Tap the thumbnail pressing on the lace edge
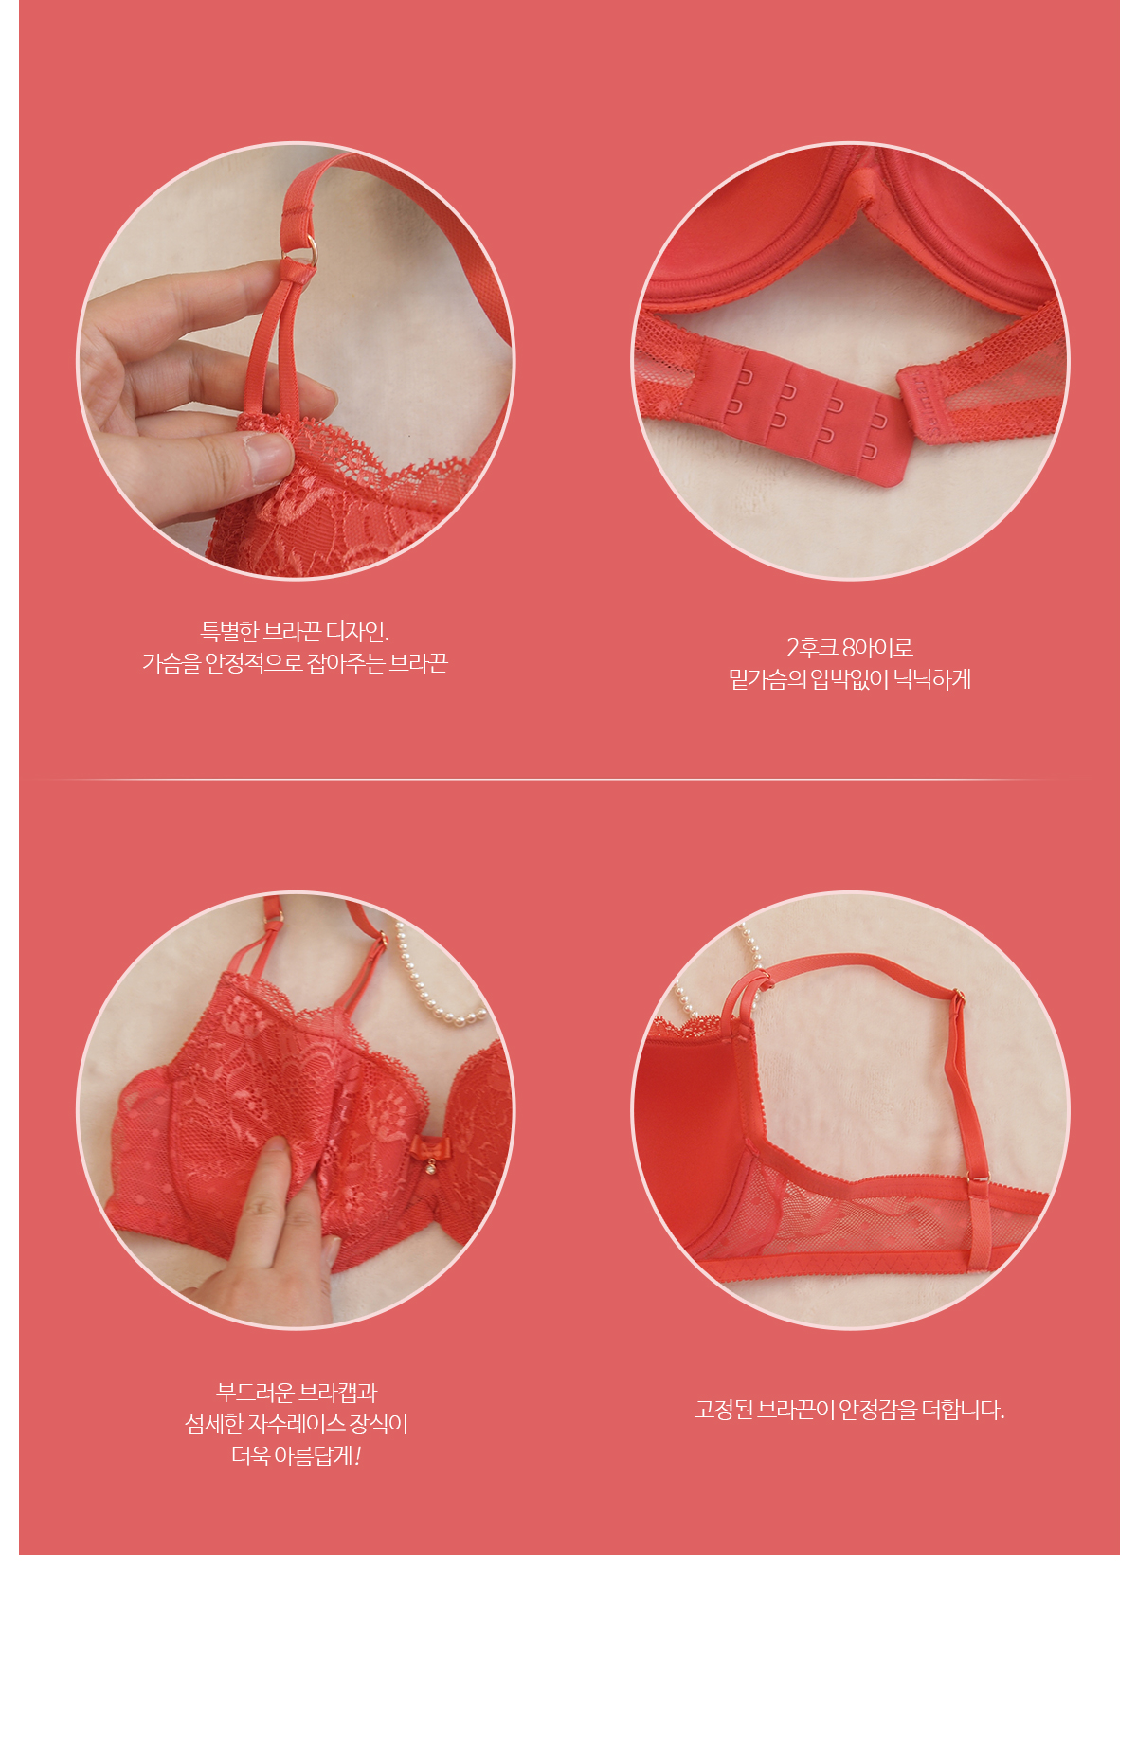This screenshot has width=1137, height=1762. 267,458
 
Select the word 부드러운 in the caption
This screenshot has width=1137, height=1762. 255,1393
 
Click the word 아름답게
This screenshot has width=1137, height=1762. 317,1455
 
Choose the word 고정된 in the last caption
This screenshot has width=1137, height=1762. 724,1410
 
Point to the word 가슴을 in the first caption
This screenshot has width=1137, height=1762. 171,663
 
